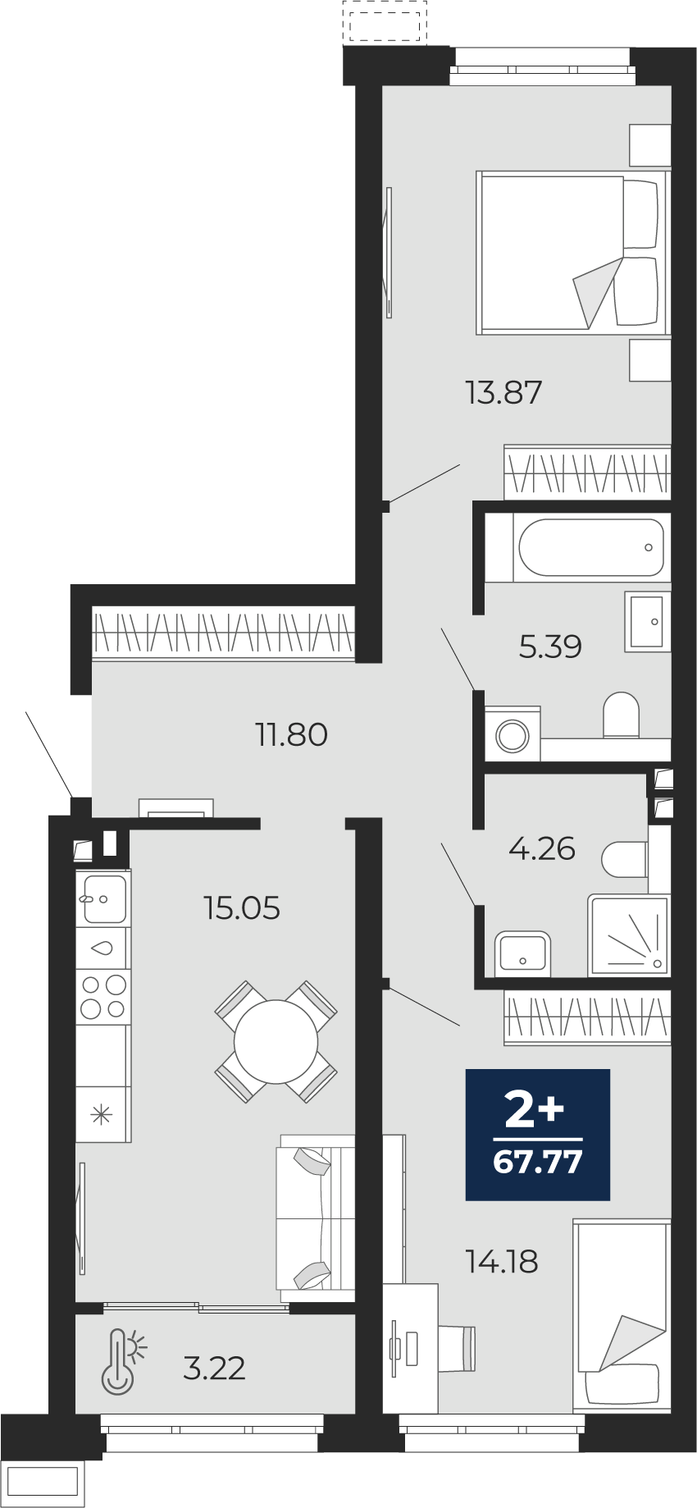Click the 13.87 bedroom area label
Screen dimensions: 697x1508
503,392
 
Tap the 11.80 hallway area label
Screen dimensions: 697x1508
292,734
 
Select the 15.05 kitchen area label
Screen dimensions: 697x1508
242,908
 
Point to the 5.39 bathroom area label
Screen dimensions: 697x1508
550,647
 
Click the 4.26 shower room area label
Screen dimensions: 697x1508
542,848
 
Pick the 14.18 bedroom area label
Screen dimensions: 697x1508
502,1261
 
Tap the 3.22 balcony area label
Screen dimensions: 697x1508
214,1368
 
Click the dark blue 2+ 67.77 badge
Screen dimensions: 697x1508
538,1135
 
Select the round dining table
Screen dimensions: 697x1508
276,1042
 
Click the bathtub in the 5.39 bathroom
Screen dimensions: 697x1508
590,547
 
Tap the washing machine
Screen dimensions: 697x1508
512,734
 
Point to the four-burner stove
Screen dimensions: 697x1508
103,997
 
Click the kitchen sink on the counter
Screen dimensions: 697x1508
103,899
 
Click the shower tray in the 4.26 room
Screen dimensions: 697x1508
629,936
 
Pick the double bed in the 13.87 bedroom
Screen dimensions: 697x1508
573,253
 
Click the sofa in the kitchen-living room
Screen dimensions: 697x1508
317,1218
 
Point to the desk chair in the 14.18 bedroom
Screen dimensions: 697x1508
457,1348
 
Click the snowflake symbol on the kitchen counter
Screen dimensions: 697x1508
101,1115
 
